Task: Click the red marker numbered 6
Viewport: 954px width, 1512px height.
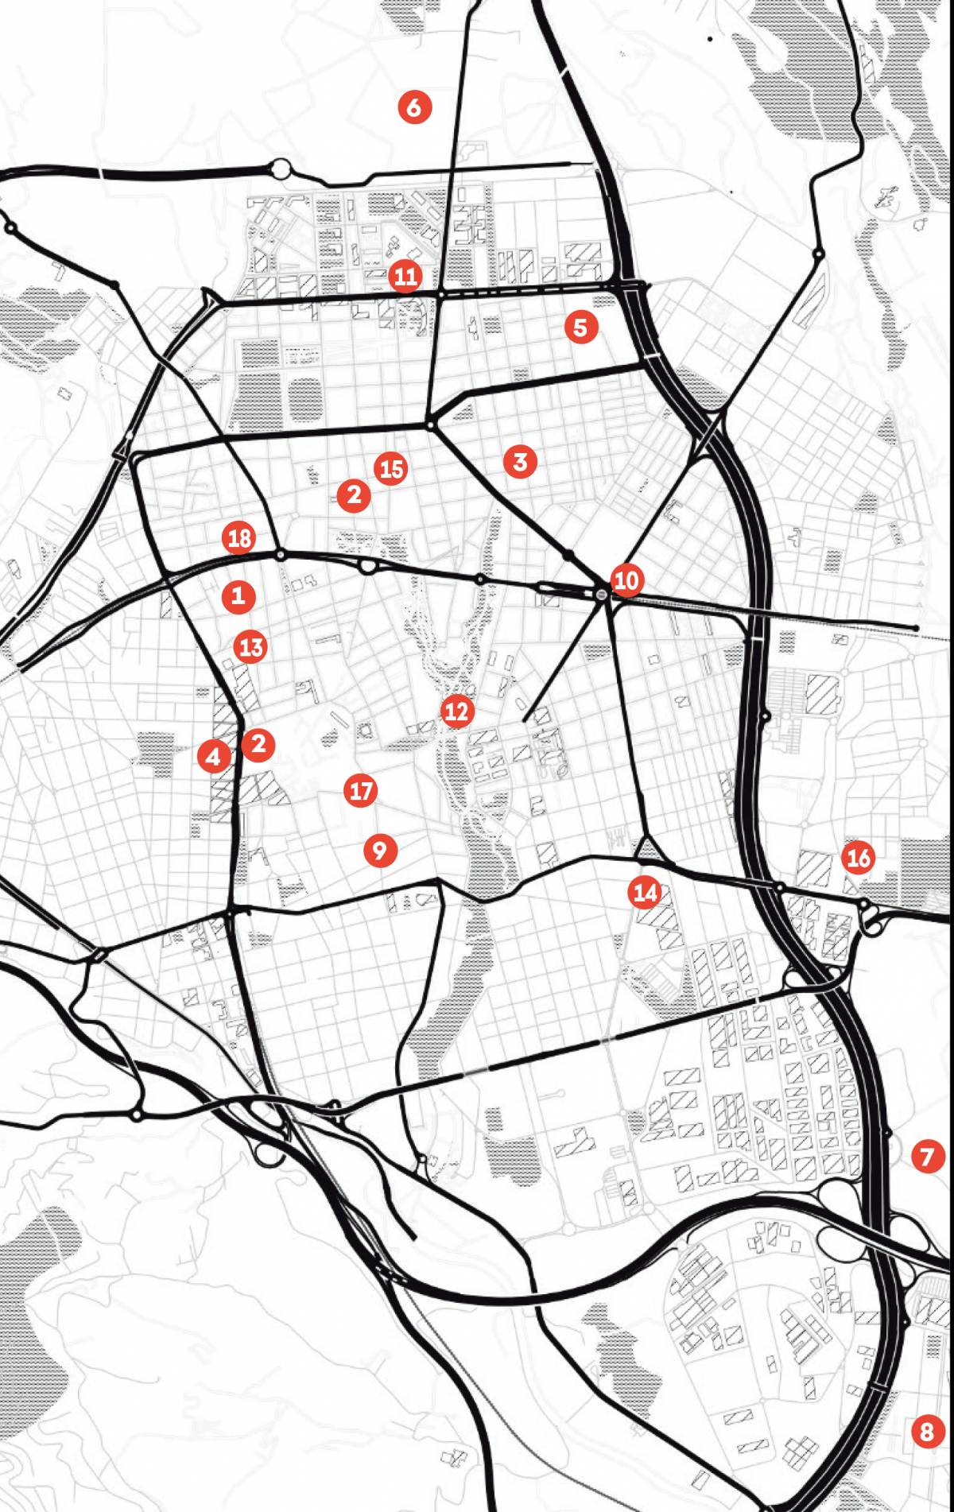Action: [414, 107]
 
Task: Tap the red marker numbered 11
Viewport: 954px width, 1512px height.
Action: [405, 276]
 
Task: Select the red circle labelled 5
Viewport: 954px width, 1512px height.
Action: [580, 327]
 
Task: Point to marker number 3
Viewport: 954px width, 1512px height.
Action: [520, 461]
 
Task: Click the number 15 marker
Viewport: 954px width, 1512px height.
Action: [391, 469]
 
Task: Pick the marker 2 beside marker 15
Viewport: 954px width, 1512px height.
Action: [354, 495]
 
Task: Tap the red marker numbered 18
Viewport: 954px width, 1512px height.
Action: [239, 538]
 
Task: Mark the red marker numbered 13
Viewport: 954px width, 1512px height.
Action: [251, 646]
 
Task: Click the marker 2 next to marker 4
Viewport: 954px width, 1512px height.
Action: [258, 744]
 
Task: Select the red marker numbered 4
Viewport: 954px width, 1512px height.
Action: [213, 756]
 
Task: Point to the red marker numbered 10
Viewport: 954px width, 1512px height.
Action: [626, 580]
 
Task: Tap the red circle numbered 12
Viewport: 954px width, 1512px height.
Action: [456, 711]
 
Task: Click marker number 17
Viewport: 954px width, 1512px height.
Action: [361, 790]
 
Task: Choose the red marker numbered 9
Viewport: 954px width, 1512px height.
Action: [380, 851]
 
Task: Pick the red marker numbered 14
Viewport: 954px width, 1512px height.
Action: [645, 892]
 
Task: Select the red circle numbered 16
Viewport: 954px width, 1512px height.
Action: [859, 857]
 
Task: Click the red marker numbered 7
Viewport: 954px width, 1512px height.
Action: [927, 1156]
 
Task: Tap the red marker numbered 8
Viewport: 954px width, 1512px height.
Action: [927, 1432]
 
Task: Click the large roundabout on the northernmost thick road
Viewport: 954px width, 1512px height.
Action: [281, 169]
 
